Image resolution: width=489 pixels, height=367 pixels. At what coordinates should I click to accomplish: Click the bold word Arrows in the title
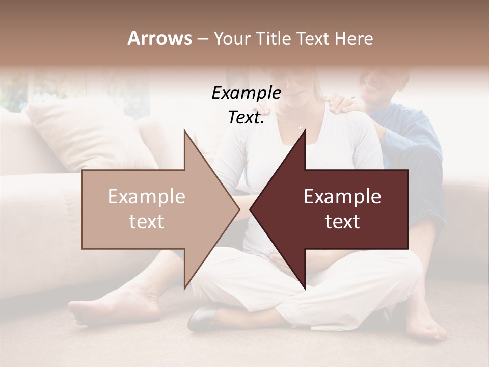[x=159, y=38]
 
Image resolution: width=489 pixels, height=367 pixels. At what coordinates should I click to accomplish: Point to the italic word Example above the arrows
[x=246, y=93]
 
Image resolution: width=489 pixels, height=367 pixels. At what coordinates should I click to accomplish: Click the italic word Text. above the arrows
[x=246, y=118]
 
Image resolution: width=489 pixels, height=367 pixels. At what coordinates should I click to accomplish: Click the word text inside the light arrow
[x=146, y=222]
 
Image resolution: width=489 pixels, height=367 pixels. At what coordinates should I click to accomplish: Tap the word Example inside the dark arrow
[x=342, y=197]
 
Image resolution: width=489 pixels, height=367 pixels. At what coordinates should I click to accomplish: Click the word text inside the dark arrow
[x=342, y=222]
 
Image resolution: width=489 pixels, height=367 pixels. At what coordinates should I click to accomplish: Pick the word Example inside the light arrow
[x=146, y=197]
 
